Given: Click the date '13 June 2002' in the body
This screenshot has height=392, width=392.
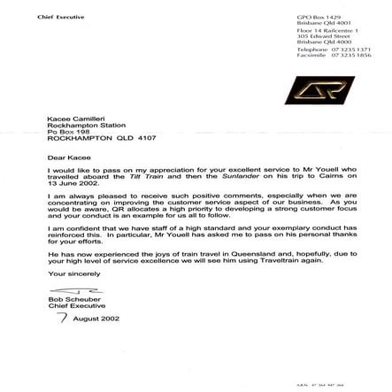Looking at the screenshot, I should coord(67,179).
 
